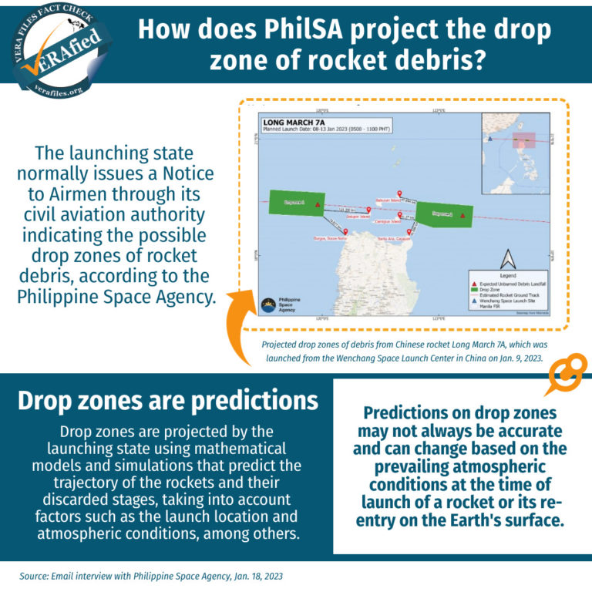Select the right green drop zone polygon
click(444, 214)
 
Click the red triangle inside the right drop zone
click(462, 216)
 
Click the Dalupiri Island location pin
click(368, 210)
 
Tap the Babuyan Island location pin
click(399, 193)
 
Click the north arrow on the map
click(506, 259)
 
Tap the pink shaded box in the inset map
click(524, 142)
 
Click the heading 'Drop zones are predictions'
click(167, 401)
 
